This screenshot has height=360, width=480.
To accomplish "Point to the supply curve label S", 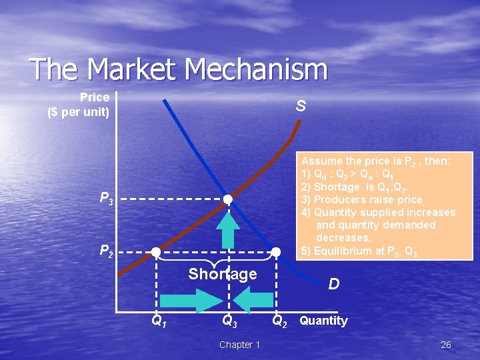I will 301,106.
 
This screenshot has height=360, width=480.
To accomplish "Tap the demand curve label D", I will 334,284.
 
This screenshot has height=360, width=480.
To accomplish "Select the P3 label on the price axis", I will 106,197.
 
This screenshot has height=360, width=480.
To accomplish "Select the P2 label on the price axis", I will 106,251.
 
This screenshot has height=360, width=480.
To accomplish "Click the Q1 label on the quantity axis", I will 159,321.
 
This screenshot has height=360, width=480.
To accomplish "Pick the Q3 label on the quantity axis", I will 229,321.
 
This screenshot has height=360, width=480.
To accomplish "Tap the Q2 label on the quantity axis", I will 280,321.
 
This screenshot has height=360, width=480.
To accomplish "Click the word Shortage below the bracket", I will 223,274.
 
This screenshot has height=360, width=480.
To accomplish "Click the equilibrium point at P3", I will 228,199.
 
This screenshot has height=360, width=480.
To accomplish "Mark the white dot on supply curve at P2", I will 156,252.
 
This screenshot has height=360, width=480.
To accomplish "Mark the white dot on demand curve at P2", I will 275,252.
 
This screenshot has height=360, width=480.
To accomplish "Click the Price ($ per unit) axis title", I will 79,105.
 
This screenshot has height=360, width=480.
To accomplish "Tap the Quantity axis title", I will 323,321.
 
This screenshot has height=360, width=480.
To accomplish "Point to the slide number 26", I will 446,345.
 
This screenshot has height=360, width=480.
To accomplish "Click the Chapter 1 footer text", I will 239,345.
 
